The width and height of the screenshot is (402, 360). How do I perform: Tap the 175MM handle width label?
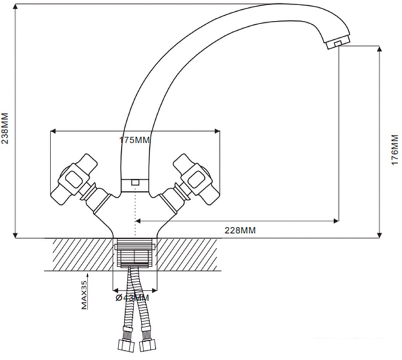coord(134,140)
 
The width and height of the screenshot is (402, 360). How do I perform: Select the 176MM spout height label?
coord(395,150)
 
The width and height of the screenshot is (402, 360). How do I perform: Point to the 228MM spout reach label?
coord(240,230)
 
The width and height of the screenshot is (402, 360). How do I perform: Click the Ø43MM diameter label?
coord(132,298)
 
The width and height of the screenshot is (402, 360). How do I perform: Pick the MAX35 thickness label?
coord(84,295)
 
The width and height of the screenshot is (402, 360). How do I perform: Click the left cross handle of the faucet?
coord(75,179)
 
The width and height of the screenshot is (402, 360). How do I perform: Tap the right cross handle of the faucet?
coord(196,179)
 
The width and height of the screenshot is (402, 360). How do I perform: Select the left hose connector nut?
coord(126,346)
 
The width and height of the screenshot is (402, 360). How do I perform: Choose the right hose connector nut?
coord(148,345)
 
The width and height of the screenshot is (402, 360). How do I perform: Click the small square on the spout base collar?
coord(135,183)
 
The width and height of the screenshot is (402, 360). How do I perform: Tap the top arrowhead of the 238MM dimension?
coord(16,7)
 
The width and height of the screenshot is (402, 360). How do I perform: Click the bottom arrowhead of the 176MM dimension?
coord(380,235)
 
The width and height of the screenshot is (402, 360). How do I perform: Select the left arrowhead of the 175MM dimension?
coord(53,132)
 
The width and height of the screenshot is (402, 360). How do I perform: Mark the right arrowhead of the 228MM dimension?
coord(336,221)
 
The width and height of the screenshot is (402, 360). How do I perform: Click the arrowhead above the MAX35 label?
coord(88,276)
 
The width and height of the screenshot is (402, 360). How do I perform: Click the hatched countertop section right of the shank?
coord(189,255)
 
